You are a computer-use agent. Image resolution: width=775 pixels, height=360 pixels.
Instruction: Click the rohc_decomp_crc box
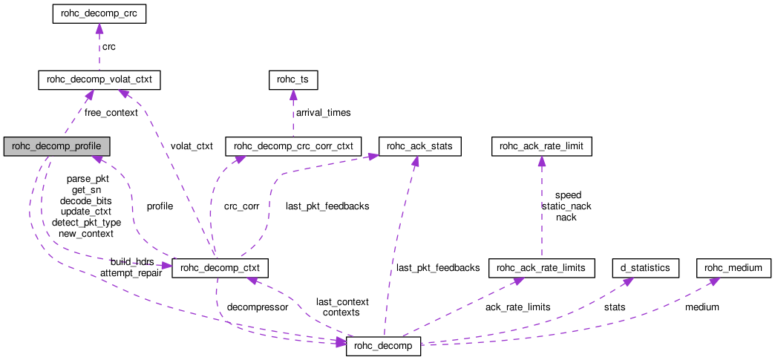[99, 14]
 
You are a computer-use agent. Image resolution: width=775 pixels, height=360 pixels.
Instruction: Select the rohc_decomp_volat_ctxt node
[99, 79]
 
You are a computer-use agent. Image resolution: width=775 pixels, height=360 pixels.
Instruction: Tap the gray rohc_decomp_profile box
[57, 146]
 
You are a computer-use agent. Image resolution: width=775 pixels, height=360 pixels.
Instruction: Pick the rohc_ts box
[292, 79]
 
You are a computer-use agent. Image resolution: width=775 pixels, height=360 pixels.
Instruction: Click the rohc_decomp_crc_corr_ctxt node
[293, 146]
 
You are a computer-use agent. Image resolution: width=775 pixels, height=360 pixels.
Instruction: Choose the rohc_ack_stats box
[420, 146]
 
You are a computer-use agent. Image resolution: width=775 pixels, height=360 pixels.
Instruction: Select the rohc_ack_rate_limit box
[542, 146]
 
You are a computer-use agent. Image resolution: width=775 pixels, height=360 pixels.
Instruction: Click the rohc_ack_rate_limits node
[541, 267]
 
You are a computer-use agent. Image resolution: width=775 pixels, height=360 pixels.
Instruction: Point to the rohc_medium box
[734, 267]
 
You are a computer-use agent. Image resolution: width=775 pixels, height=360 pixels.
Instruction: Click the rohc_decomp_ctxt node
[220, 267]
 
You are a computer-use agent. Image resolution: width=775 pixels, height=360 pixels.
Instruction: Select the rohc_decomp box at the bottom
[384, 345]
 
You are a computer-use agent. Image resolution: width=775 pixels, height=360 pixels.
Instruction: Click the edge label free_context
[111, 113]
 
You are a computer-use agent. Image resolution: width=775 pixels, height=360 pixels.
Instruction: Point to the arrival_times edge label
[323, 113]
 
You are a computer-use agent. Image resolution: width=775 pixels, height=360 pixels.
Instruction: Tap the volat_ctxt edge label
[192, 146]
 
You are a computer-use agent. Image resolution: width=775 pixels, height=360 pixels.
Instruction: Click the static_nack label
[566, 206]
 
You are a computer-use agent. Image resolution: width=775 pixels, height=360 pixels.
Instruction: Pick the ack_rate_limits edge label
[517, 307]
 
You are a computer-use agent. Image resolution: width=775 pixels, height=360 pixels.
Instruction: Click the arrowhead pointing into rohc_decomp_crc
[99, 29]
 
